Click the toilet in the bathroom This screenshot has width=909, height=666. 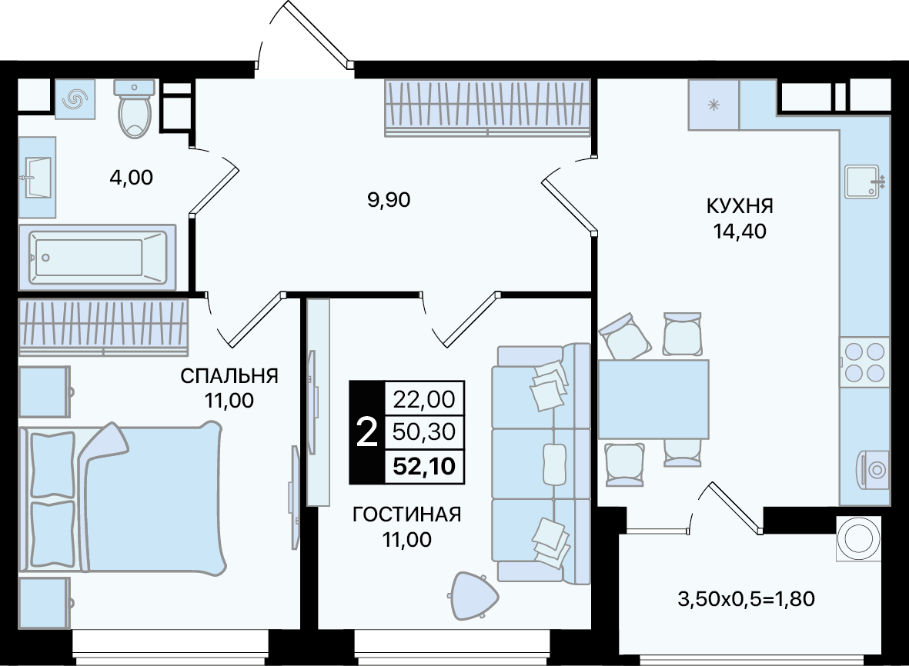tap(135, 109)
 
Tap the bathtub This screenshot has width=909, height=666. tap(98, 257)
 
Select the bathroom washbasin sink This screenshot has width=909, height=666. tap(37, 177)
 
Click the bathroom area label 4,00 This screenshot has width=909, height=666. tap(132, 177)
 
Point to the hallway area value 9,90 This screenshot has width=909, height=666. tap(389, 200)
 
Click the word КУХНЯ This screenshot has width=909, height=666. tap(740, 205)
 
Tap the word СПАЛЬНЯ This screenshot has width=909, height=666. tap(229, 376)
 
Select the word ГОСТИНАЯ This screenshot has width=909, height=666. tap(407, 514)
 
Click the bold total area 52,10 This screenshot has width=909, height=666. tap(424, 466)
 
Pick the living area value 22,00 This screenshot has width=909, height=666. tap(424, 399)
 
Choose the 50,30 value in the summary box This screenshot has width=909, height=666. tap(424, 432)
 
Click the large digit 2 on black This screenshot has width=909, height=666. tap(366, 432)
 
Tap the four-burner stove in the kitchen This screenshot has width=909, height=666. tap(864, 362)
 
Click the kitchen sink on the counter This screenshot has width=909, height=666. tap(864, 181)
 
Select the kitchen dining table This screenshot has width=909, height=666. tap(653, 398)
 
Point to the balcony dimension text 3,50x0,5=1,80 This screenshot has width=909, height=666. tap(746, 599)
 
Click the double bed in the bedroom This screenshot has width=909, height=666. tap(122, 498)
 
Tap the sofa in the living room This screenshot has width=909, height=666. tap(541, 463)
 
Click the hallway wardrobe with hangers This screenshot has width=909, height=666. tap(487, 108)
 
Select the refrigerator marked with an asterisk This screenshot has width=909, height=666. tap(713, 105)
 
